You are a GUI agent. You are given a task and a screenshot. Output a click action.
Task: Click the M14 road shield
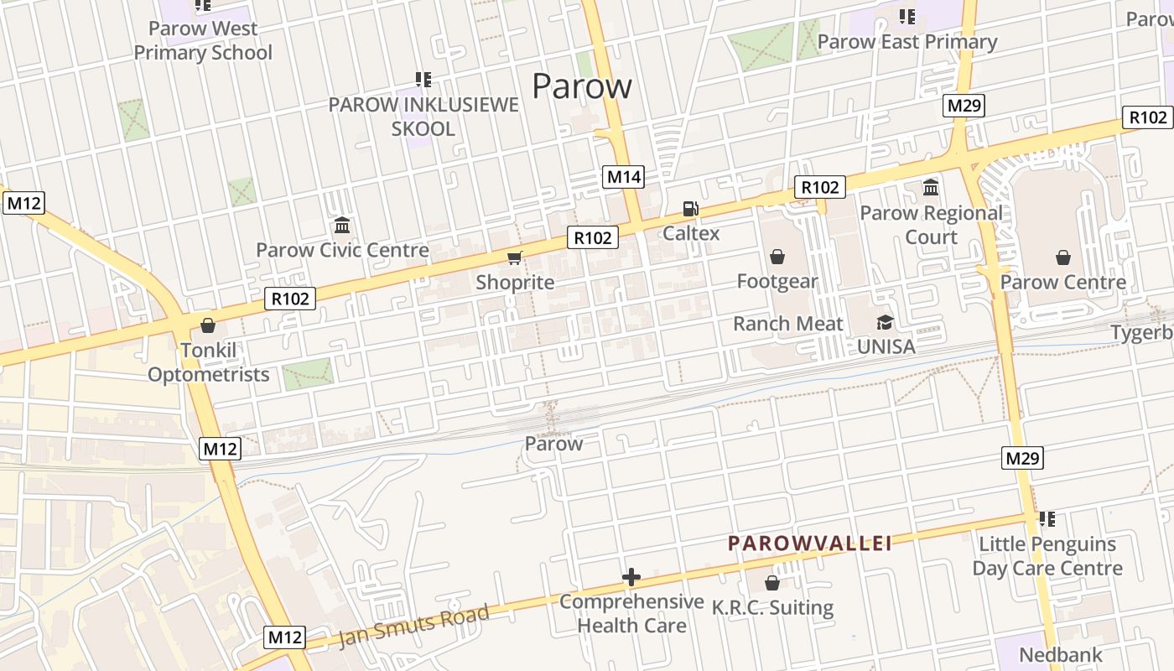[624, 177]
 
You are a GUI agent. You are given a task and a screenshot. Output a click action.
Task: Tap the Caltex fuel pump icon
[690, 209]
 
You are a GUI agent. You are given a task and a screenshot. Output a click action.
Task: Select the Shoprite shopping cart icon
[515, 257]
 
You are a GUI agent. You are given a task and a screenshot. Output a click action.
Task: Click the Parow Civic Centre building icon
[342, 226]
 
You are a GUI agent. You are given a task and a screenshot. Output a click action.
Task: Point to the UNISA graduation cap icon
[885, 322]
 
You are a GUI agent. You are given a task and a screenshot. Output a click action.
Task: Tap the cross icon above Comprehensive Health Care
[631, 577]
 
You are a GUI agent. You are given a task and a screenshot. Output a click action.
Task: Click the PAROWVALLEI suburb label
[810, 544]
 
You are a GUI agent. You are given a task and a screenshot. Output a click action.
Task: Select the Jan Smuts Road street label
[413, 626]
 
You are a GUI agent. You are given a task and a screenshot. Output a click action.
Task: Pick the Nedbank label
[1061, 654]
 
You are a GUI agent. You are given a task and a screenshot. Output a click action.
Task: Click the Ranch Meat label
[787, 324]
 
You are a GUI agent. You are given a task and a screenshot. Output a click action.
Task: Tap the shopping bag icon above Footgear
[777, 256]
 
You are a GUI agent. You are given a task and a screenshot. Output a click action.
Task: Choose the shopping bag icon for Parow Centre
[1063, 257]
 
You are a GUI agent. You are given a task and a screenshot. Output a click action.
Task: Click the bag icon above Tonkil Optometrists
[208, 325]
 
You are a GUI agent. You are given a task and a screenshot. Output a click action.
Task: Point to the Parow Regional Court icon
[931, 187]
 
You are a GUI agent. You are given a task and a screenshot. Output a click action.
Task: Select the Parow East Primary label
[907, 41]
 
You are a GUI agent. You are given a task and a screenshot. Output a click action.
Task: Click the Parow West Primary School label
[203, 40]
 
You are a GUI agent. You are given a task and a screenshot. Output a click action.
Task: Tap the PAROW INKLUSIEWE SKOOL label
[423, 117]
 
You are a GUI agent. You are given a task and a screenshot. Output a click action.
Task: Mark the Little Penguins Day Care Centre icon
[1047, 519]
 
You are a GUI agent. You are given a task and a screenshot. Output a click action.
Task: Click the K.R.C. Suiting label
[772, 607]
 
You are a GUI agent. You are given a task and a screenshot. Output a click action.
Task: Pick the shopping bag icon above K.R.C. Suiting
[772, 582]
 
